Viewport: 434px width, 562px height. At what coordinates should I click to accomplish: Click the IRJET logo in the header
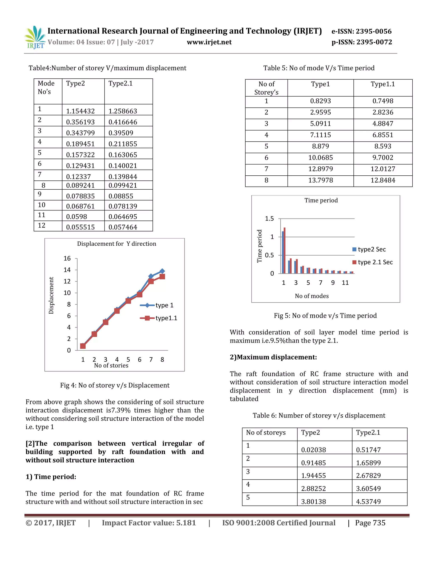tap(35, 38)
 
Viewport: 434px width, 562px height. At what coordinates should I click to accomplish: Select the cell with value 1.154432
tap(80, 111)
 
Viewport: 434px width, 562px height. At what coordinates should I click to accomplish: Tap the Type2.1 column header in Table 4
tap(120, 83)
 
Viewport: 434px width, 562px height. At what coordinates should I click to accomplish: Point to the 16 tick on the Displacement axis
tap(67, 258)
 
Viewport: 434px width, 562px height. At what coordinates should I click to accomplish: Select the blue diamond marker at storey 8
tap(162, 271)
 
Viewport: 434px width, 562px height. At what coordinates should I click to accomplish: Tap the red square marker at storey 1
tap(83, 346)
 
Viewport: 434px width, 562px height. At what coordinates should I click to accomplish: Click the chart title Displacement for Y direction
tap(117, 244)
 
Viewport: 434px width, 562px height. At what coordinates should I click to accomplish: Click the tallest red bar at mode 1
tap(285, 250)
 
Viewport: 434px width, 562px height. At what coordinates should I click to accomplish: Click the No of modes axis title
tap(312, 296)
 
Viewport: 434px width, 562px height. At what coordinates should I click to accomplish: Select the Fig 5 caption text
tap(325, 316)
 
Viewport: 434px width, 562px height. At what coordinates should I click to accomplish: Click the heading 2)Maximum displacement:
tap(273, 357)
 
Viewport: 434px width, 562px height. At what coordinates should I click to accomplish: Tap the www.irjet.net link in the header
tap(209, 42)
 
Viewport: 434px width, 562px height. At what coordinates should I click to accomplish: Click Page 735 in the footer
tap(370, 523)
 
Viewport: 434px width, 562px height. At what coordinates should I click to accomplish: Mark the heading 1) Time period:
tap(51, 477)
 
